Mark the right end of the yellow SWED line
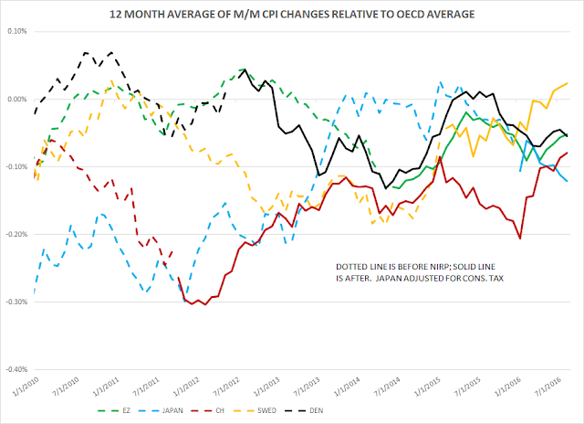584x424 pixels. point(568,83)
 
